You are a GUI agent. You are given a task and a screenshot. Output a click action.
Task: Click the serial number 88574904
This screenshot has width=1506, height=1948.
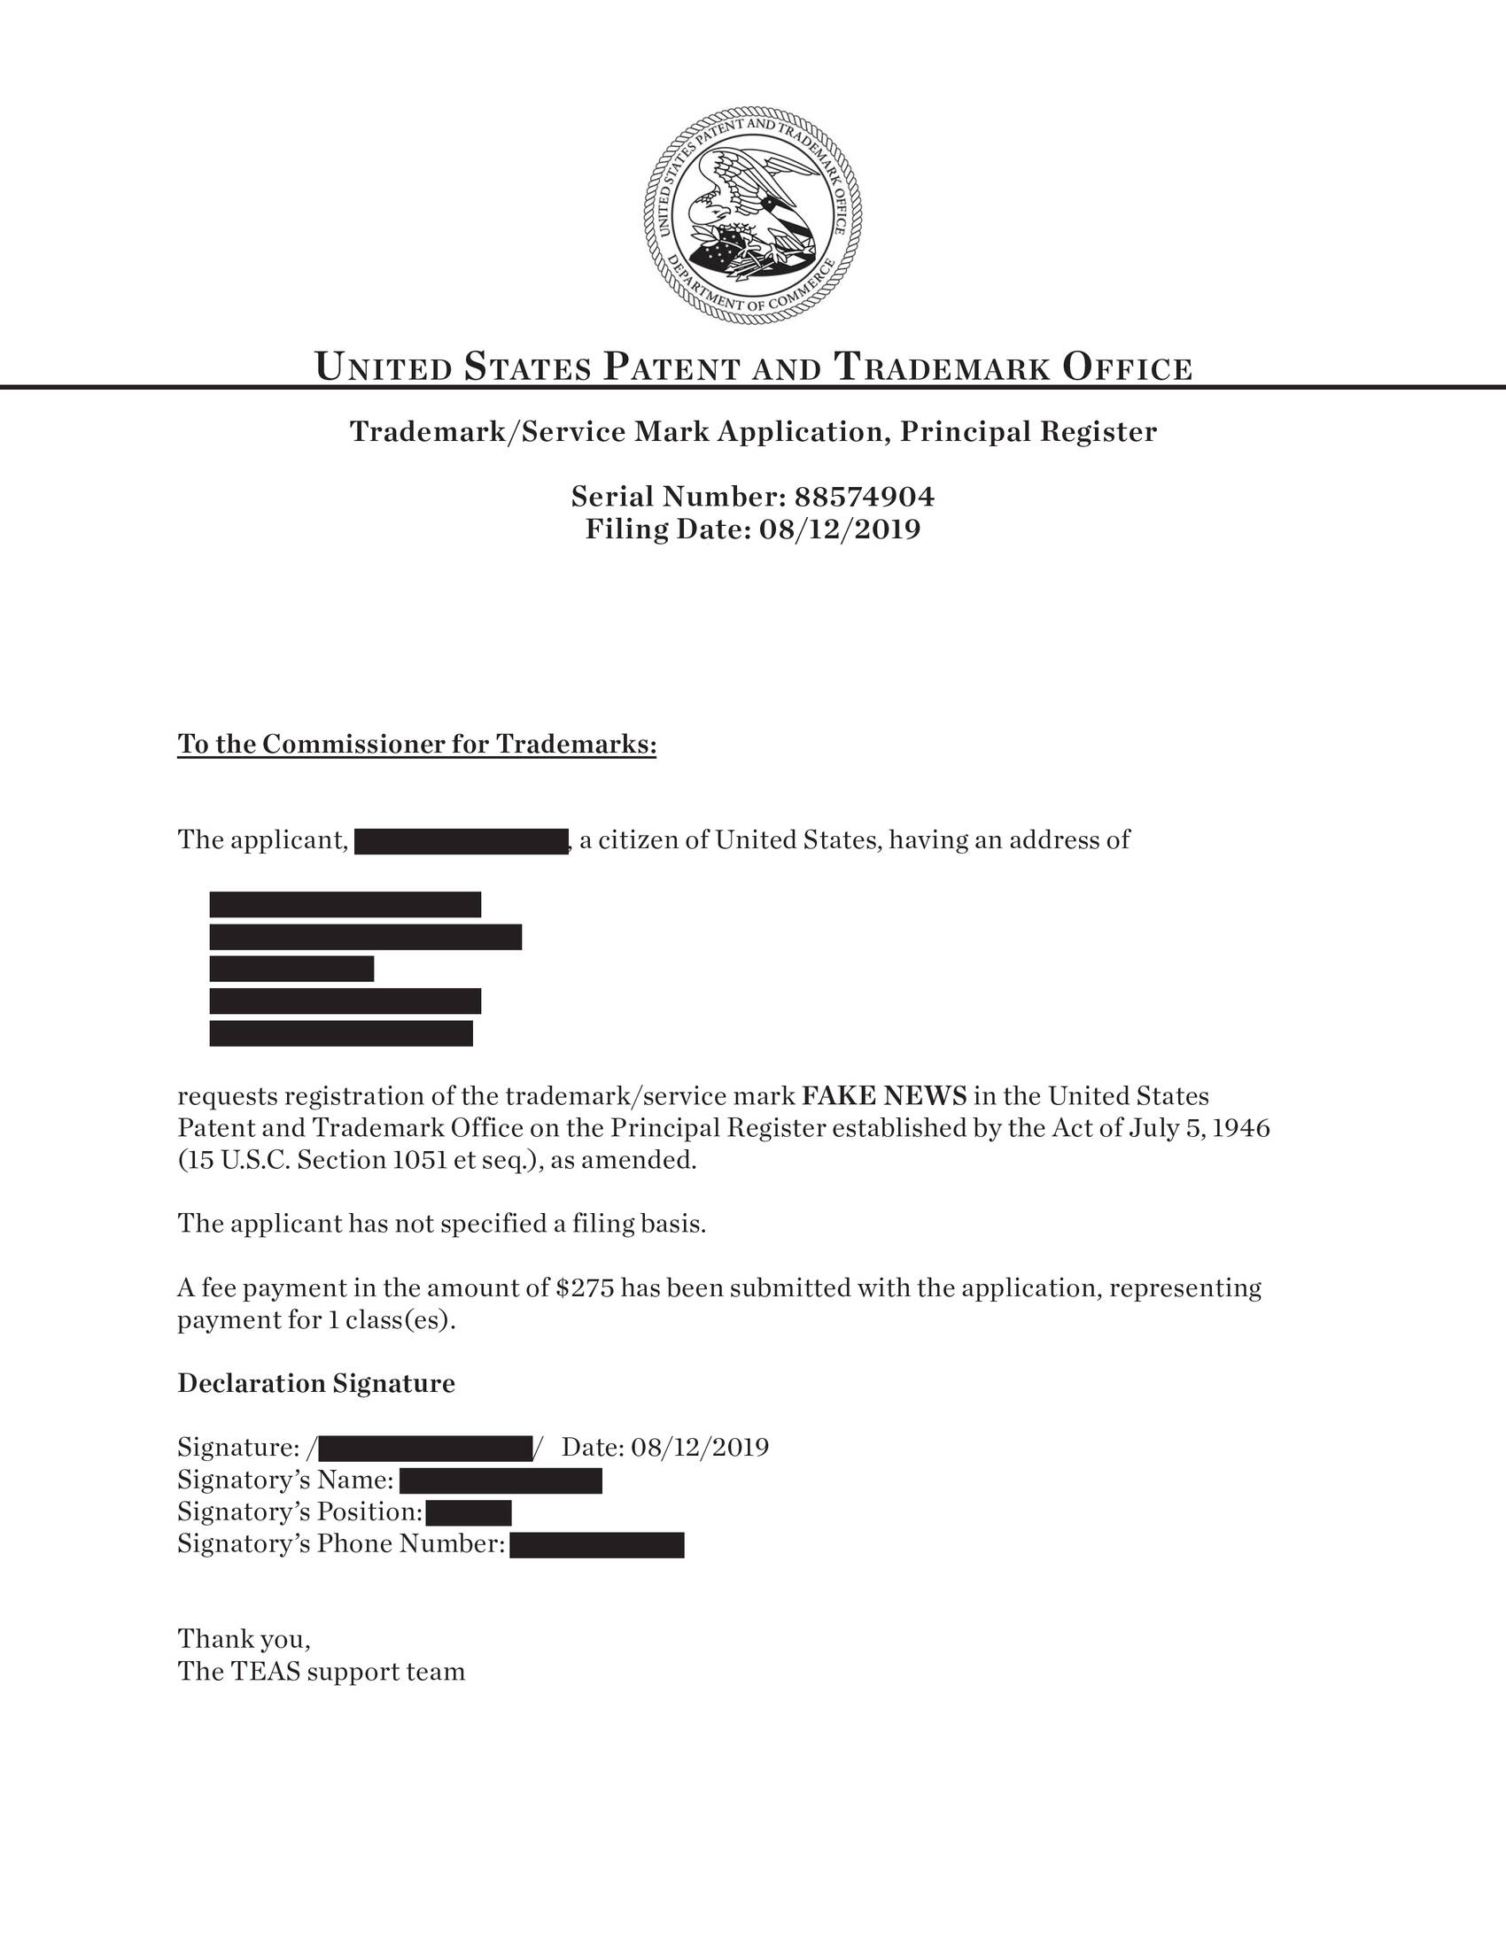click(x=864, y=496)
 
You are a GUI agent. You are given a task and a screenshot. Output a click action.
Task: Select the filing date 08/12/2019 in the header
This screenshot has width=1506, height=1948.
click(x=839, y=530)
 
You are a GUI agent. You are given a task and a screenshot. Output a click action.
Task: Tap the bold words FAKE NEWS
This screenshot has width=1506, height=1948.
click(x=884, y=1095)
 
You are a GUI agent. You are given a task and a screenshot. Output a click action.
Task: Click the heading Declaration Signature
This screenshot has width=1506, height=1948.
click(x=316, y=1383)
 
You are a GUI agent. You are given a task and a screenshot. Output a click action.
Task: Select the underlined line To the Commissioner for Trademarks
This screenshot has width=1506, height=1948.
click(x=416, y=744)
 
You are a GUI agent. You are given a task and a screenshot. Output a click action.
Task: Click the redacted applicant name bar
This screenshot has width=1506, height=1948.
click(x=462, y=841)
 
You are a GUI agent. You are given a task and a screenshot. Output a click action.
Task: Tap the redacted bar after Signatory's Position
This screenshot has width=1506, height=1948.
click(x=469, y=1512)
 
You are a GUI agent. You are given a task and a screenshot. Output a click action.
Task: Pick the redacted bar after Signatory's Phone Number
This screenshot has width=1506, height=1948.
click(x=597, y=1545)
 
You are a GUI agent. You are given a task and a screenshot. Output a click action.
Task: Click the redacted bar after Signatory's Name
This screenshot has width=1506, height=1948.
click(x=501, y=1480)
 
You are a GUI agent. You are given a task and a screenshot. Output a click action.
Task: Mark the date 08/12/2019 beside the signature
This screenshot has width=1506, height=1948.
click(x=700, y=1447)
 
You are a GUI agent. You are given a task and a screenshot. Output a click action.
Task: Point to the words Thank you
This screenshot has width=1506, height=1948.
click(x=244, y=1639)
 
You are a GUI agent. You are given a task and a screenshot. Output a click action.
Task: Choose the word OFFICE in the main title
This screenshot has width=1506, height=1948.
click(x=1127, y=367)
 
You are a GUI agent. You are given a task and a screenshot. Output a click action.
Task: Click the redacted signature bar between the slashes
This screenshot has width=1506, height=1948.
click(x=424, y=1448)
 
